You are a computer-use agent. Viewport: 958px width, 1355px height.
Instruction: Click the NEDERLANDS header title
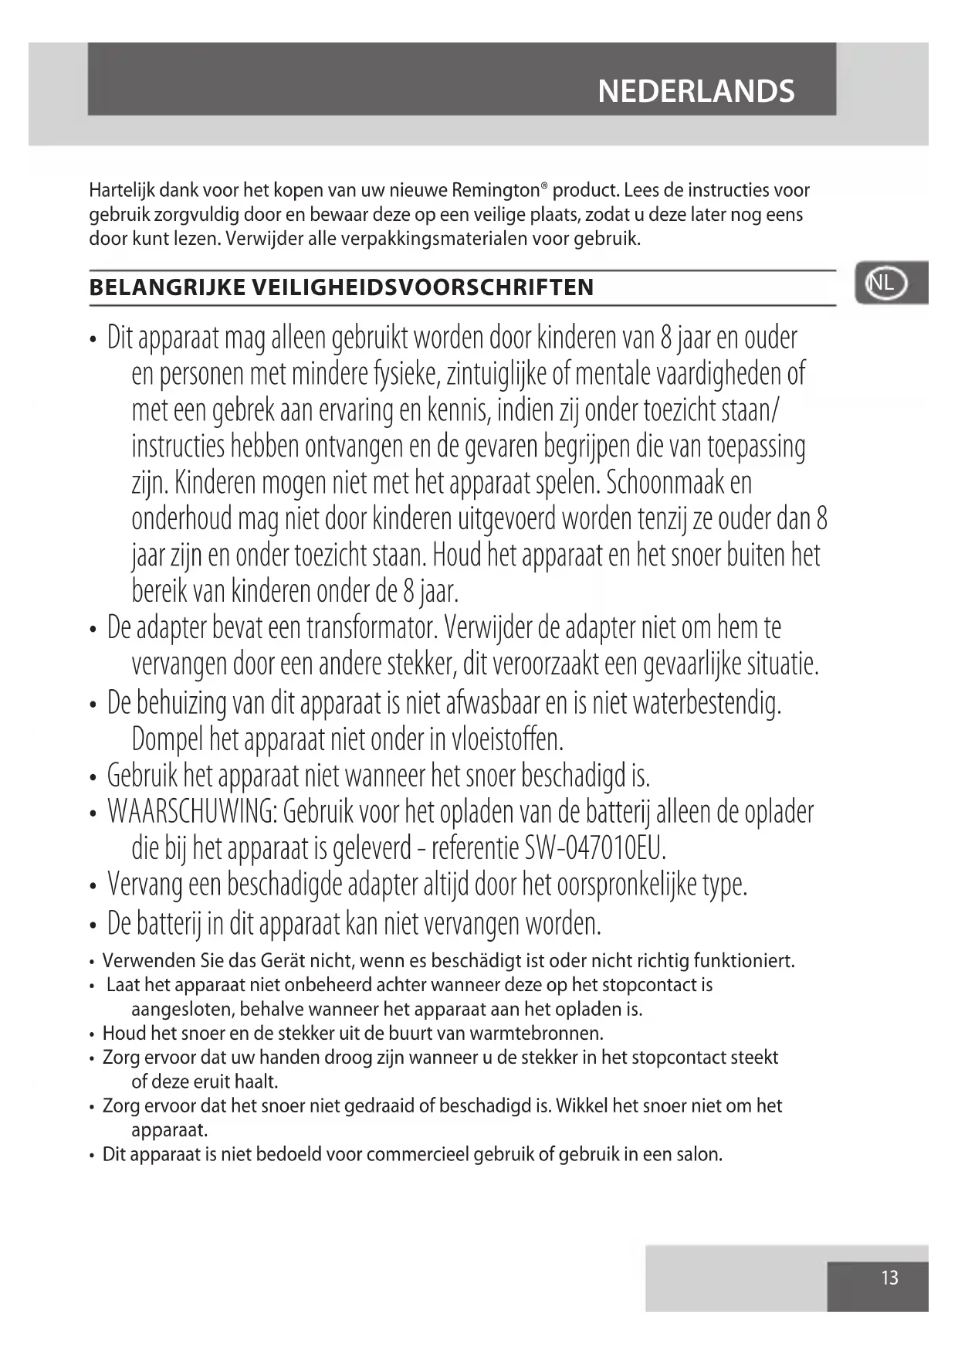(x=696, y=91)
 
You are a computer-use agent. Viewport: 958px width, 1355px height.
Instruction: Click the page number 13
(x=889, y=1279)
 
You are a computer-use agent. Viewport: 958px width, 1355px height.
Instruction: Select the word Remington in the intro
(x=495, y=190)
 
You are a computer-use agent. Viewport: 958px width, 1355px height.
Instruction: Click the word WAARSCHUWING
(x=192, y=812)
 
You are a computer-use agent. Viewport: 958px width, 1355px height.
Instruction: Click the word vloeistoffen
(x=507, y=739)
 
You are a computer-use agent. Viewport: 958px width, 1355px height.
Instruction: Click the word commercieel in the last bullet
(x=417, y=1155)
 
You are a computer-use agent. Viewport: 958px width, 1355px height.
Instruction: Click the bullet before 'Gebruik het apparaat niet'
(x=93, y=777)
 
